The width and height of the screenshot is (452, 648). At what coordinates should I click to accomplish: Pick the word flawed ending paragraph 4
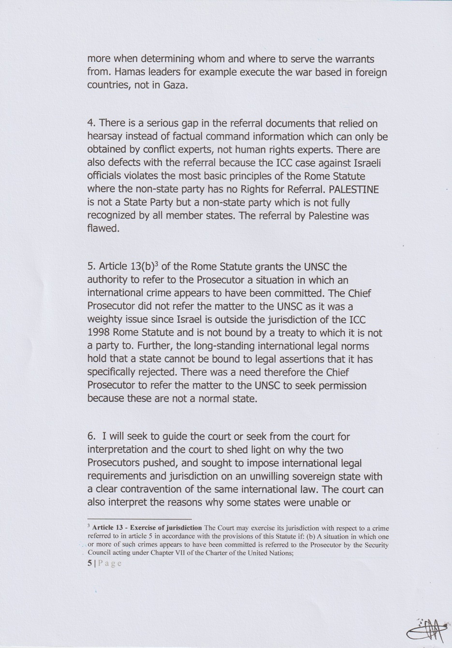click(102, 228)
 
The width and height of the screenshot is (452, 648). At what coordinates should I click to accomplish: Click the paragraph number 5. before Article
click(91, 267)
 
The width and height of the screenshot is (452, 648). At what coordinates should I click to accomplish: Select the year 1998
click(101, 333)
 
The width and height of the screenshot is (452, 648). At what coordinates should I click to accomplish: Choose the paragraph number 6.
click(91, 437)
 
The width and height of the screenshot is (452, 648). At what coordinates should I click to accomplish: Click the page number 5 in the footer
click(89, 563)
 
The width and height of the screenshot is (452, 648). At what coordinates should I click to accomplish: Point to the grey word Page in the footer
click(110, 563)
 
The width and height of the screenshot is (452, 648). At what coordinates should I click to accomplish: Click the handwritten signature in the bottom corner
click(428, 629)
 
